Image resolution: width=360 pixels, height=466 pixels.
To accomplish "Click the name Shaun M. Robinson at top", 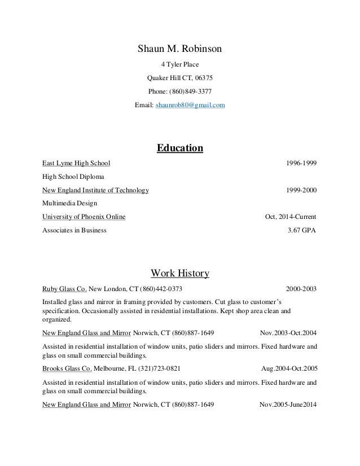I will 180,49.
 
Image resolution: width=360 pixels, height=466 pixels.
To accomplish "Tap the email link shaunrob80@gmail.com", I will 194,105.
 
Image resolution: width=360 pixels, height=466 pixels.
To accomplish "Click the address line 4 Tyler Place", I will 180,64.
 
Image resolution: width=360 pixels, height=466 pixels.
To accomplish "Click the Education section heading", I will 179,149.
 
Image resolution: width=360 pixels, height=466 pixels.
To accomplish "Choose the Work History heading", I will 180,274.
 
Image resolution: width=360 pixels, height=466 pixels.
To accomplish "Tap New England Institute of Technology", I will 96,190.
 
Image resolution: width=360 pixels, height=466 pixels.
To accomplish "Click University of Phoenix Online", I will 84,217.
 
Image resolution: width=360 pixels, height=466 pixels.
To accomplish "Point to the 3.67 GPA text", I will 302,230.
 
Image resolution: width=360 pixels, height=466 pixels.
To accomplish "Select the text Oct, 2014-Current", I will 291,217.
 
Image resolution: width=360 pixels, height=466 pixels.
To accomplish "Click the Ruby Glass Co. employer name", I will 64,289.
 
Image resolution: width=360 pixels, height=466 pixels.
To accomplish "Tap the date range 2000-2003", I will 302,289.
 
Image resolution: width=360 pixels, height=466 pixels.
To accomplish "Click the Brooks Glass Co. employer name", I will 67,368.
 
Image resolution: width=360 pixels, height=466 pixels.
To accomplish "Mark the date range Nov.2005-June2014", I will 288,405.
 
